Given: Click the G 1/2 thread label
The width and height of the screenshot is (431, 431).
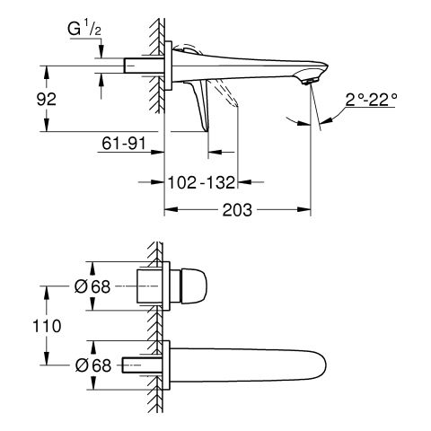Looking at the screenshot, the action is pyautogui.click(x=84, y=29).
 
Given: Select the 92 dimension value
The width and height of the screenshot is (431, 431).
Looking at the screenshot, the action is pyautogui.click(x=47, y=99).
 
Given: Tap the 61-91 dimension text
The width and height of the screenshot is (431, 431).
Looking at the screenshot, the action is pyautogui.click(x=124, y=143).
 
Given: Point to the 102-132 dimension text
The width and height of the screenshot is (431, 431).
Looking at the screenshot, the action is pyautogui.click(x=201, y=182).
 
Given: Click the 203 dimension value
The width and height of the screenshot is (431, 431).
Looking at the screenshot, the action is pyautogui.click(x=237, y=210).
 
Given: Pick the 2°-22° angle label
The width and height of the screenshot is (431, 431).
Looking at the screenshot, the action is pyautogui.click(x=372, y=100).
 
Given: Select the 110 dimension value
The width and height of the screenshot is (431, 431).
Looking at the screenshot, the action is pyautogui.click(x=47, y=326).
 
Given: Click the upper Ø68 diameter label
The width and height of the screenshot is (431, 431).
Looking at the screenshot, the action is pyautogui.click(x=92, y=286).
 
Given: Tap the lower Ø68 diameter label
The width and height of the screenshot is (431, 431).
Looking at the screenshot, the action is pyautogui.click(x=93, y=365).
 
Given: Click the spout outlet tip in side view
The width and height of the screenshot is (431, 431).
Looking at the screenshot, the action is pyautogui.click(x=310, y=82).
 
